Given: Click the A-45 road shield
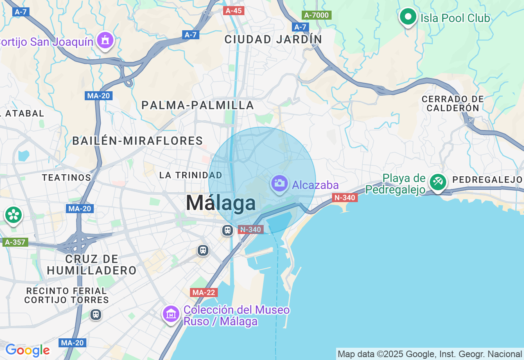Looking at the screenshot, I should click(x=234, y=11).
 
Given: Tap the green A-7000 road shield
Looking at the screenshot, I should click(x=316, y=15).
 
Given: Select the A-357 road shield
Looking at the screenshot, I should click(x=15, y=242).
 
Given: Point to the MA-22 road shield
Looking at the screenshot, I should click(x=204, y=292).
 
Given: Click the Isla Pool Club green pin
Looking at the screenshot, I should click(x=408, y=17).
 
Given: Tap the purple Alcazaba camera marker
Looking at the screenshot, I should click(x=280, y=184).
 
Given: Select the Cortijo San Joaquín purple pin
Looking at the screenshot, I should click(x=106, y=40).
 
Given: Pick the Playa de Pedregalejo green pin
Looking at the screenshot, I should click(x=438, y=182).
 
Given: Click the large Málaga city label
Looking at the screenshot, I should click(x=221, y=203).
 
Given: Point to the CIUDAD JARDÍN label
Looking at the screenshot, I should click(x=273, y=40).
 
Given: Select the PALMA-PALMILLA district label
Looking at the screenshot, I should click(x=198, y=105).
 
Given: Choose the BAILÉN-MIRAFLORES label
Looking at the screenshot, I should click(x=138, y=141).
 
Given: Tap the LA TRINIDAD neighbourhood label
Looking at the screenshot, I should click(x=190, y=175).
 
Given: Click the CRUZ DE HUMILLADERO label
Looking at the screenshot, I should click(x=92, y=265).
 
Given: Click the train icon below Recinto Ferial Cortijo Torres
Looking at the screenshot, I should click(x=96, y=315).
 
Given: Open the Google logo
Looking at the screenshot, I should click(x=27, y=350).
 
